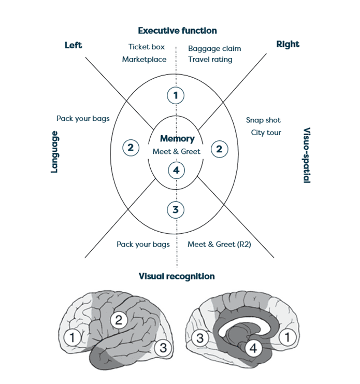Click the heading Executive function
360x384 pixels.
pyautogui.click(x=177, y=31)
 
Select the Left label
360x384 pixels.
pyautogui.click(x=73, y=45)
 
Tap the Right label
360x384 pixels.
pyautogui.click(x=287, y=45)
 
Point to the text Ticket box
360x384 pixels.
pyautogui.click(x=147, y=47)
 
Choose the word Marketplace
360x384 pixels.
pyautogui.click(x=145, y=60)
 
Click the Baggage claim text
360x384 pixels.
pyautogui.click(x=214, y=49)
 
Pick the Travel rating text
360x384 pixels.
pyautogui.click(x=210, y=60)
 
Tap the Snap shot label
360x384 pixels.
pyautogui.click(x=263, y=120)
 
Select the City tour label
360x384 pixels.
pyautogui.click(x=266, y=133)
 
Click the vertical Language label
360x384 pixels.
pyautogui.click(x=54, y=151)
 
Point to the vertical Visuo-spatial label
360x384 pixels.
pyautogui.click(x=306, y=155)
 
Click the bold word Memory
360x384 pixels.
pyautogui.click(x=177, y=139)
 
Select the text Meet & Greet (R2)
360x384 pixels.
pyautogui.click(x=219, y=244)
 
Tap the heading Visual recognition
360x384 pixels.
pyautogui.click(x=177, y=276)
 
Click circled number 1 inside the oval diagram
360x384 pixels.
pyautogui.click(x=176, y=95)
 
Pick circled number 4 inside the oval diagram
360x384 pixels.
pyautogui.click(x=176, y=170)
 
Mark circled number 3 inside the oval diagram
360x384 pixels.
pyautogui.click(x=176, y=209)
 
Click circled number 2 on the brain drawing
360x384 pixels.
pyautogui.click(x=119, y=320)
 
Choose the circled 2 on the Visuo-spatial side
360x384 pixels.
pyautogui.click(x=219, y=149)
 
